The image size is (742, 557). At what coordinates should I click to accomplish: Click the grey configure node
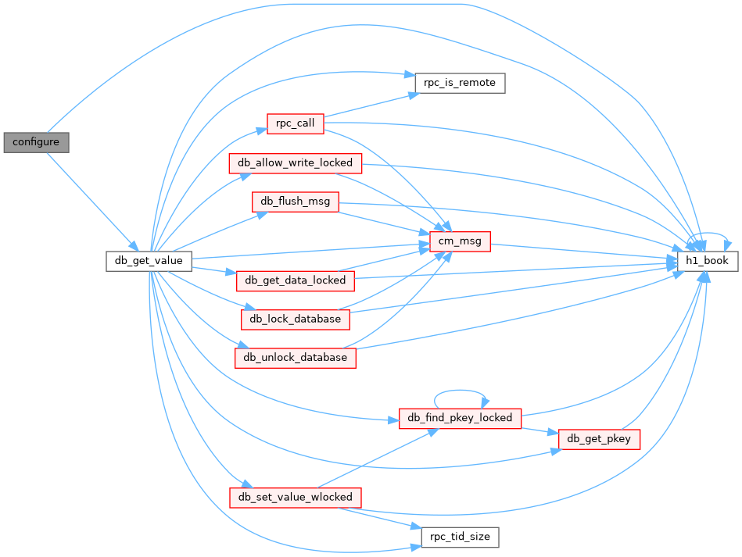click(36, 142)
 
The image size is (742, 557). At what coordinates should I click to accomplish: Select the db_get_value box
click(149, 261)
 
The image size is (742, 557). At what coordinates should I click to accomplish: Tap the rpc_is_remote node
click(460, 84)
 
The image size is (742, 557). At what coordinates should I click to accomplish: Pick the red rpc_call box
click(296, 124)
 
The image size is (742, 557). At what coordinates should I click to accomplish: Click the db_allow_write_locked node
click(296, 163)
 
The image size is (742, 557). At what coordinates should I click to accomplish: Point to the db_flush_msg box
click(296, 202)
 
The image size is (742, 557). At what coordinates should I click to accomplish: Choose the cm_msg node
click(460, 241)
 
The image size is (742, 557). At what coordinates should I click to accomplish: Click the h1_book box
click(707, 261)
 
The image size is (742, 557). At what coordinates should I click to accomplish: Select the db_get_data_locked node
click(296, 281)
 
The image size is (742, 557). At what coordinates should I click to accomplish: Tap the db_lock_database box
click(296, 320)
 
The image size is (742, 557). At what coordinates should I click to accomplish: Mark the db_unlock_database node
click(296, 358)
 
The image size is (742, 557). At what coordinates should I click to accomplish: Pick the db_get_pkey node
click(599, 439)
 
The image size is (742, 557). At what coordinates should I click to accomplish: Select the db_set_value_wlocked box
click(296, 498)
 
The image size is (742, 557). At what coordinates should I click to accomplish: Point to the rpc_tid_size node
click(460, 537)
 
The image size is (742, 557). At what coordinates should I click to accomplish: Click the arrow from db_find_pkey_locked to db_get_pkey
click(540, 430)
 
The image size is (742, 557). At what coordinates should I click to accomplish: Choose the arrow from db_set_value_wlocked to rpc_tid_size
click(379, 518)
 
